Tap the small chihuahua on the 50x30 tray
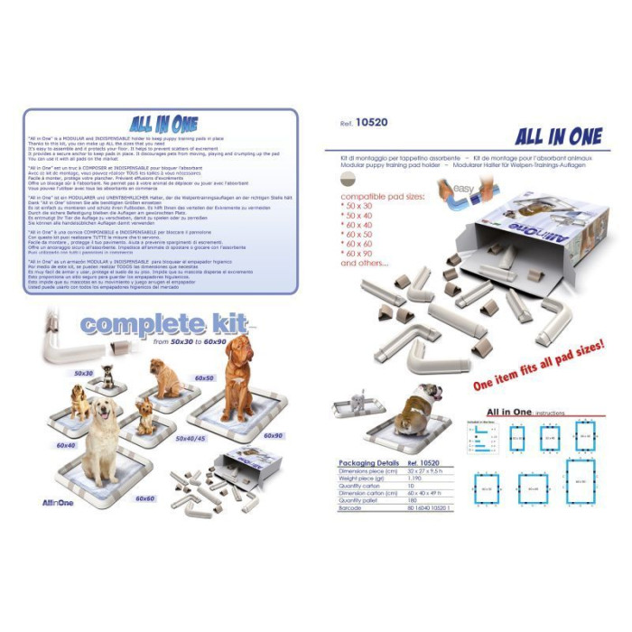[107, 376]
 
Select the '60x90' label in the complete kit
[274, 435]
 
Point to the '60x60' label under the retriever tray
[145, 497]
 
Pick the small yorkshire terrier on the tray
[145, 415]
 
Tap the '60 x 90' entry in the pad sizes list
[358, 254]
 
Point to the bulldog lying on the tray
[418, 403]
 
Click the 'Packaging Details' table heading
[370, 461]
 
